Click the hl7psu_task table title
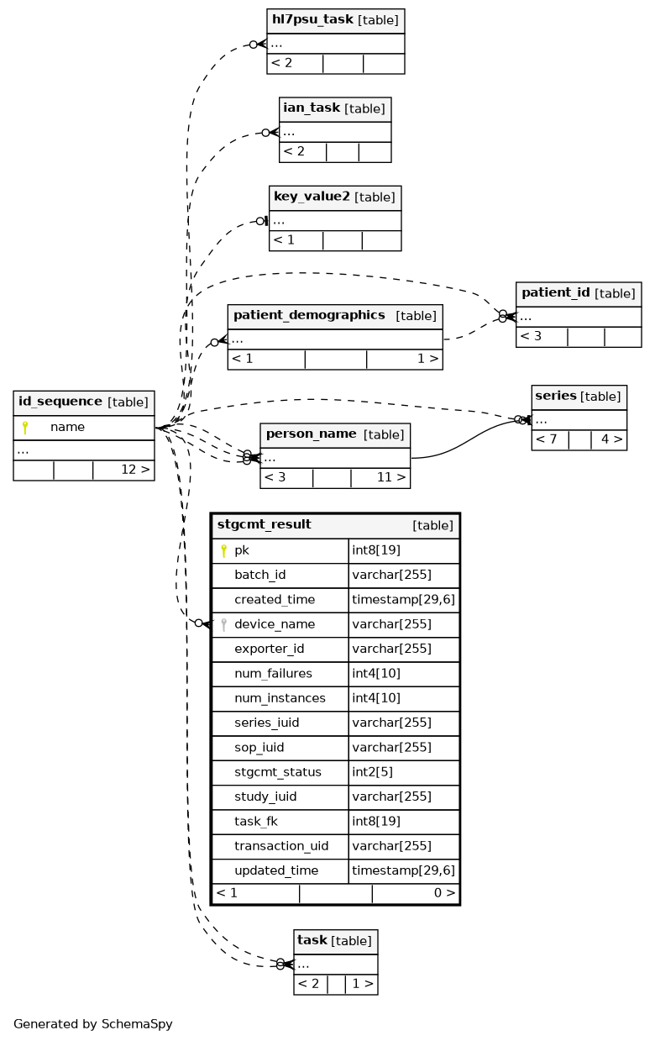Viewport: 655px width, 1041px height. pyautogui.click(x=312, y=19)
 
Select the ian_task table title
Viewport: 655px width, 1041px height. pyautogui.click(x=312, y=108)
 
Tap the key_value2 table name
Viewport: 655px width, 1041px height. pyautogui.click(x=312, y=197)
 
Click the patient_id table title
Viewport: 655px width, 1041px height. pyautogui.click(x=556, y=292)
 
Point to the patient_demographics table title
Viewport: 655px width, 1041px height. pyautogui.click(x=309, y=315)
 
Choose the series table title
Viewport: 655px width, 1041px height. pyautogui.click(x=556, y=396)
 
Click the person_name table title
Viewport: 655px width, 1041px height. pyautogui.click(x=312, y=434)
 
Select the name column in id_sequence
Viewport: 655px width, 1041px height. pyautogui.click(x=67, y=427)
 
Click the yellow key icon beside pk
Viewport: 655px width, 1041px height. pyautogui.click(x=224, y=550)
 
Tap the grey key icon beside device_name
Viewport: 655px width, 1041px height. pyautogui.click(x=224, y=624)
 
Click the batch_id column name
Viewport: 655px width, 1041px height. pyautogui.click(x=259, y=576)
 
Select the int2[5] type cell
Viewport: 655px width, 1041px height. pyautogui.click(x=372, y=772)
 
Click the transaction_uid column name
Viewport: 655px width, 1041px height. pyautogui.click(x=281, y=846)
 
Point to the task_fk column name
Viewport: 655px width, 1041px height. pyautogui.click(x=255, y=822)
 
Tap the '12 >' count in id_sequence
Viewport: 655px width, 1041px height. pyautogui.click(x=136, y=470)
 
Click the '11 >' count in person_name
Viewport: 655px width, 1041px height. pyautogui.click(x=391, y=477)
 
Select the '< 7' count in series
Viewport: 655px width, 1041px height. pyautogui.click(x=546, y=439)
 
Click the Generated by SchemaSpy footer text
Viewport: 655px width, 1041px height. pyautogui.click(x=93, y=1024)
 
